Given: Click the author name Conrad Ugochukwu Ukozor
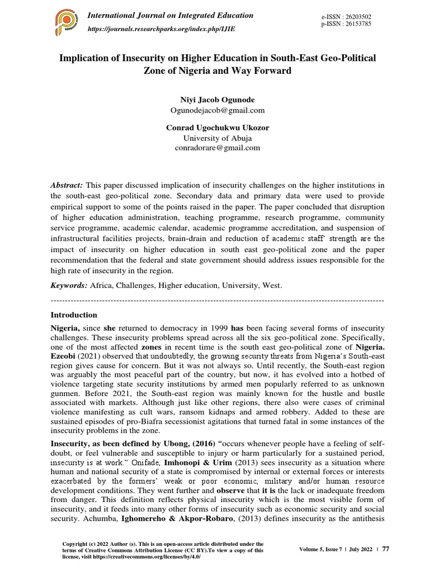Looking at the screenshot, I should [214, 128].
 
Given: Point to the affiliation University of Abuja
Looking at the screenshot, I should [214, 138].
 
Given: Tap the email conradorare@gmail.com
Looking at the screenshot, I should [214, 148].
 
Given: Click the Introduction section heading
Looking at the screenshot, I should [74, 315].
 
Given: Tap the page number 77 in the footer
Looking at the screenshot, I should [386, 549].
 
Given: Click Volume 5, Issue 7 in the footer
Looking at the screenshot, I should [322, 549].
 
